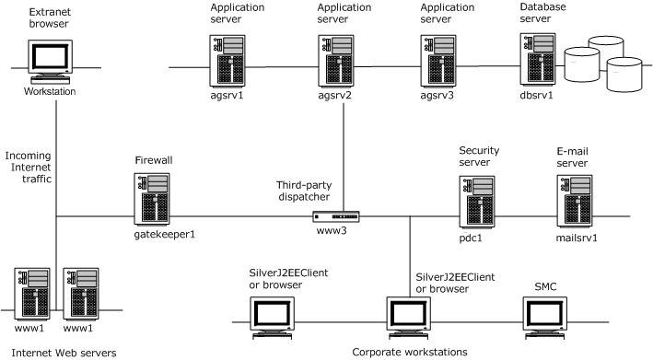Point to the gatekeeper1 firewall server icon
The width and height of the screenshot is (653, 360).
(x=153, y=197)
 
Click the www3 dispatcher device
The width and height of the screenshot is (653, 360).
(x=335, y=217)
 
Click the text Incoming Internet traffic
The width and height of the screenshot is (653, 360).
(x=29, y=168)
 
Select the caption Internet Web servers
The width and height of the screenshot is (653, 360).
(x=50, y=351)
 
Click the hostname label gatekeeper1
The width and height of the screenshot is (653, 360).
(x=164, y=234)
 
